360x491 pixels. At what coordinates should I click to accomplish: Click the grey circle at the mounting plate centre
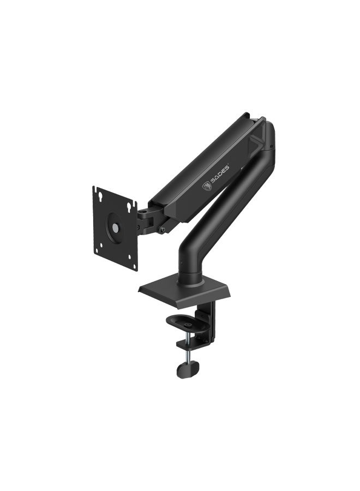click(x=116, y=227)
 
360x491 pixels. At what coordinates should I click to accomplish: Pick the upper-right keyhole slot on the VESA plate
click(x=129, y=207)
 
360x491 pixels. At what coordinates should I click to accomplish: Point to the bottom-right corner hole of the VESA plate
click(x=134, y=267)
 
